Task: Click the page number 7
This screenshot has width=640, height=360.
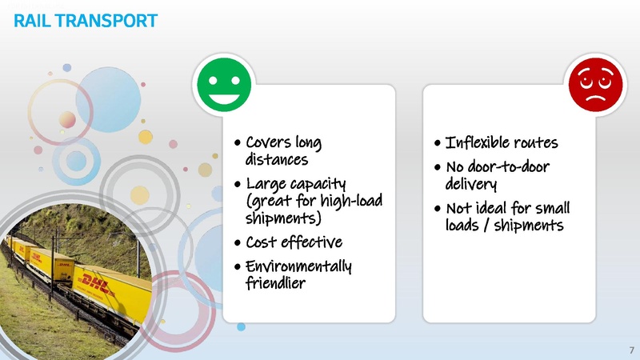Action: pos(631,350)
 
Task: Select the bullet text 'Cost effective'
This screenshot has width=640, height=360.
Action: pos(294,242)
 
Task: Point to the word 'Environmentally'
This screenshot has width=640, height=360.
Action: pos(298,266)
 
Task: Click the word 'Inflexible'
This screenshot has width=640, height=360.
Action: pos(475,144)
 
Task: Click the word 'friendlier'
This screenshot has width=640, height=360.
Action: pos(274,282)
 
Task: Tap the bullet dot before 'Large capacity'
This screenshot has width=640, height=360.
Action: pos(238,186)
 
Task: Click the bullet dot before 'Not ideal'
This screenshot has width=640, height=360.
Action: pos(436,209)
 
